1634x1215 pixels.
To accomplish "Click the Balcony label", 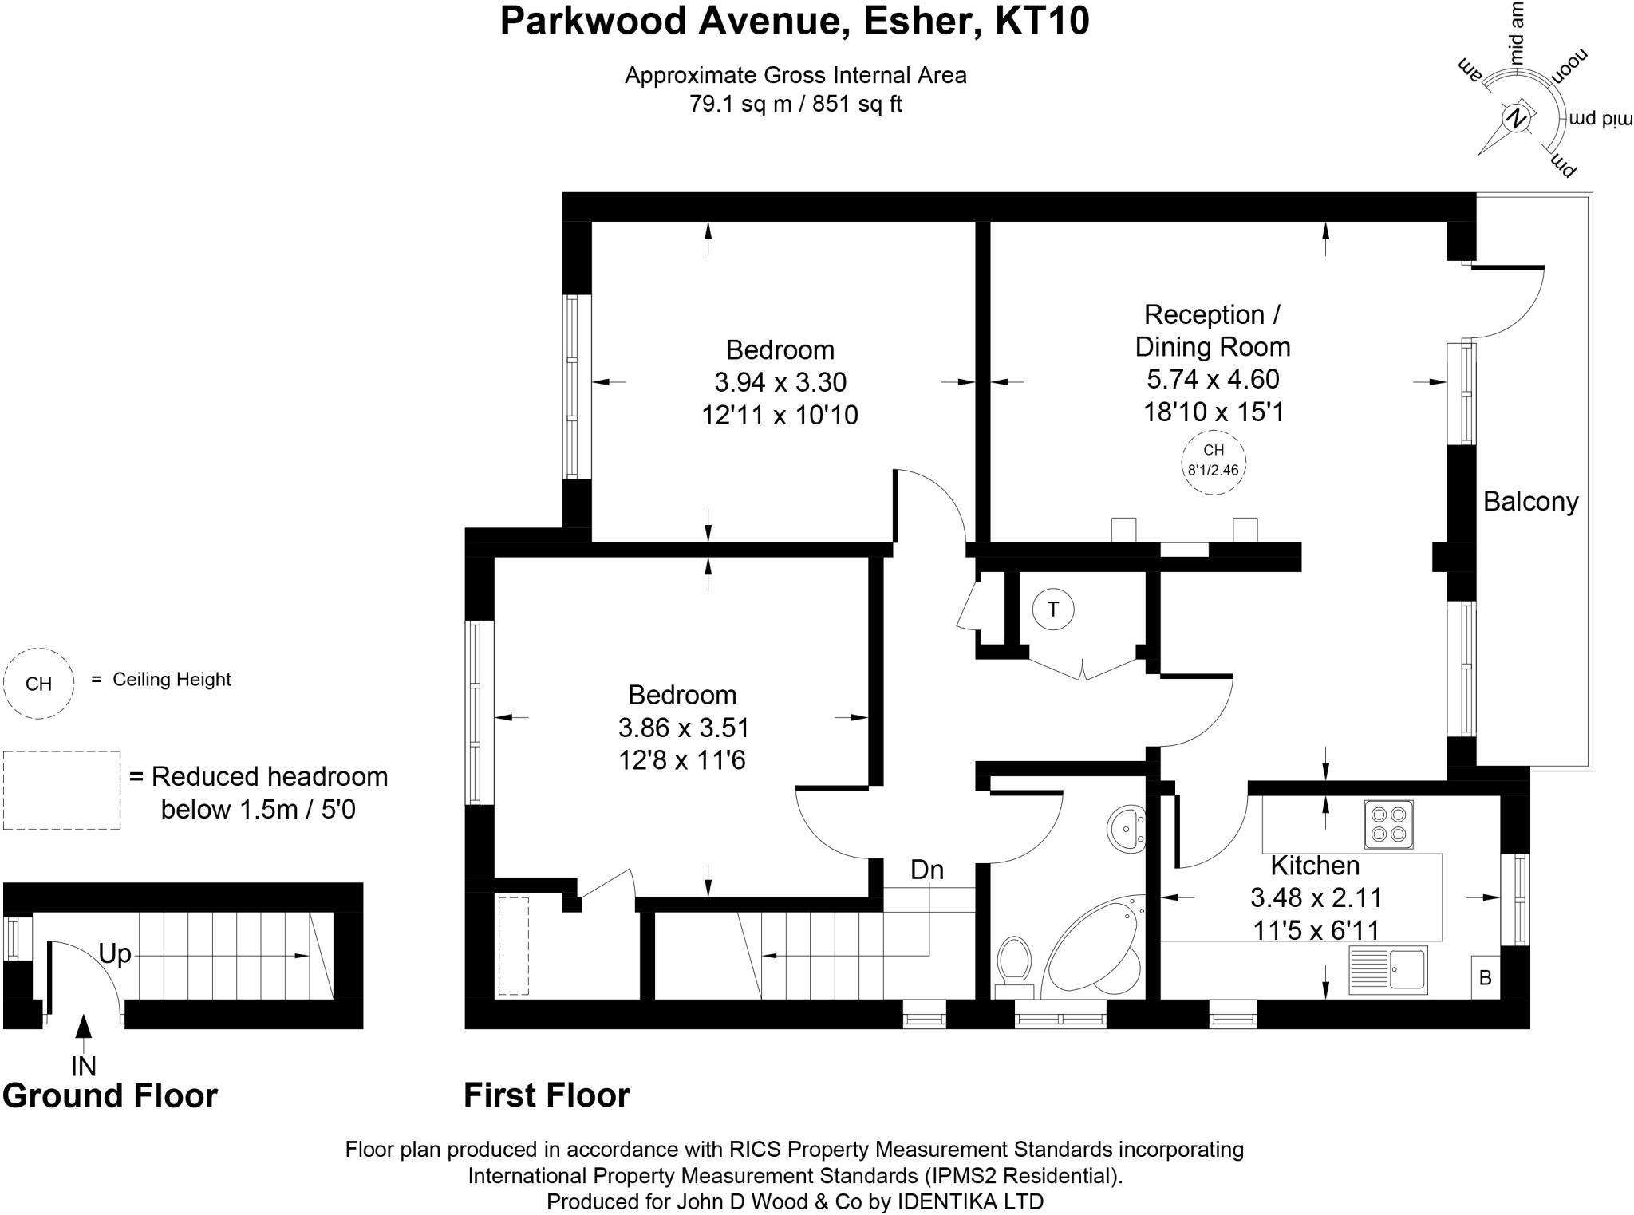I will coord(1530,502).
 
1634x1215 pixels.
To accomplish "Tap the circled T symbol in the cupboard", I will coord(1052,610).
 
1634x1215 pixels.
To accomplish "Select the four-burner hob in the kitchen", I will coord(1388,825).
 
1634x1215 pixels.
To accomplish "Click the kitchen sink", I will coord(1388,970).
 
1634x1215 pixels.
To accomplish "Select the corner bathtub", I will coord(1093,949).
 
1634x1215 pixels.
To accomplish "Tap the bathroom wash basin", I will coord(1126,830).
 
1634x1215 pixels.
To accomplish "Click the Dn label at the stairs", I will coord(927,870).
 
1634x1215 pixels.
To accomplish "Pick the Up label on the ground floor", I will coord(115,953).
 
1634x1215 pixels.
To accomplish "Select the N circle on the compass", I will coord(1514,119).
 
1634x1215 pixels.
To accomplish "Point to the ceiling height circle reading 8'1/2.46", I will coord(1213,463).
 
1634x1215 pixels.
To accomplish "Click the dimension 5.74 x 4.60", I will coord(1213,380).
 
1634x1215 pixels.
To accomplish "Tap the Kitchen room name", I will coord(1315,866).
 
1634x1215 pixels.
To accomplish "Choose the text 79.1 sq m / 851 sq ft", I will coord(795,105).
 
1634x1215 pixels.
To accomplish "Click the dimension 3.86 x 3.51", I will coord(683,728).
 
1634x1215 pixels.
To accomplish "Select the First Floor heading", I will coord(547,1095).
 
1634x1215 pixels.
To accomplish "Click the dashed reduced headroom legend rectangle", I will coord(61,790).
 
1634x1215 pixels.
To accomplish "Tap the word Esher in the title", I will coord(920,22).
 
